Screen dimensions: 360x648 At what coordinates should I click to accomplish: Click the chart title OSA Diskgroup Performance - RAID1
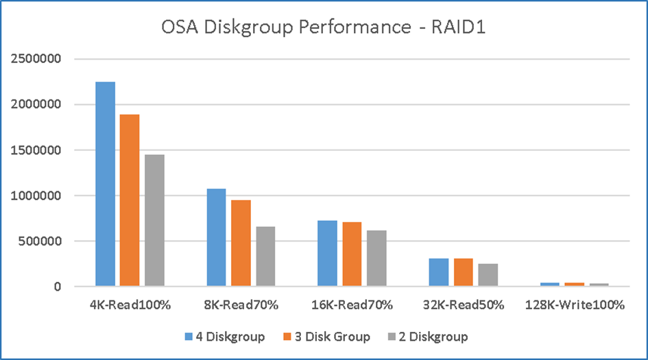point(324,29)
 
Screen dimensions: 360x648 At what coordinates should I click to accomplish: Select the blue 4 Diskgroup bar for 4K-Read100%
point(105,184)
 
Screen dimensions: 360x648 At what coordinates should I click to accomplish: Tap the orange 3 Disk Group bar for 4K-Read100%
point(130,200)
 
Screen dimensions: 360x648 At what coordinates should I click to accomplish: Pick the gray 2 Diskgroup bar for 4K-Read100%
point(154,220)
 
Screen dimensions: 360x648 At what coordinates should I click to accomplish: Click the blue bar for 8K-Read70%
point(216,237)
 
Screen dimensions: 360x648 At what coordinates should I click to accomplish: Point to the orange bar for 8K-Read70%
point(241,243)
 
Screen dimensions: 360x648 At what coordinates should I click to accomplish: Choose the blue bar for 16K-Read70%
point(327,253)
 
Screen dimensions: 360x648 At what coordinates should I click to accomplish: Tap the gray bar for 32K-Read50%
point(488,274)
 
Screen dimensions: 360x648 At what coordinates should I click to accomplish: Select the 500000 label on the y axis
point(40,241)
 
